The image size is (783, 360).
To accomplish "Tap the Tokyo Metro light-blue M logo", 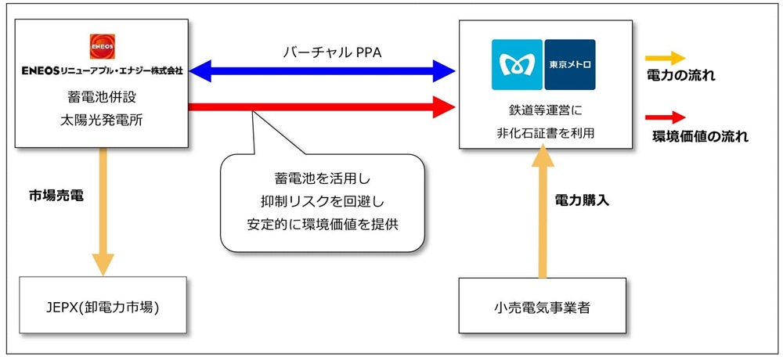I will click(517, 63).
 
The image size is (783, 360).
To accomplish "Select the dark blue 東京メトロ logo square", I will click(569, 63).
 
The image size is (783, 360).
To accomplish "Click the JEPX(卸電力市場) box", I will click(103, 306).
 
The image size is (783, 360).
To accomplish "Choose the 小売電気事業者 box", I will click(542, 307).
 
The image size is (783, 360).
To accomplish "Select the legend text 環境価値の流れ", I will click(700, 136).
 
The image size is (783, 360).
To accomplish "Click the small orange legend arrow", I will click(665, 58).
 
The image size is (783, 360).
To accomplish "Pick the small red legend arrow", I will click(665, 117).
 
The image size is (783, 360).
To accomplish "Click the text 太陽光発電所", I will click(103, 121).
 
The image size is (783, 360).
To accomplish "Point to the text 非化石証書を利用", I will click(542, 131).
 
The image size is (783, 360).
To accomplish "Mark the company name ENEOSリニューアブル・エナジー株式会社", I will click(103, 70).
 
